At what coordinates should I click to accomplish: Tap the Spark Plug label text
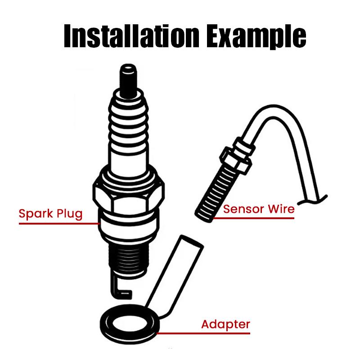50,213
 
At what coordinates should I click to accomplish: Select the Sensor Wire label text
259,209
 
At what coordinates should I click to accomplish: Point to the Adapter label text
225,324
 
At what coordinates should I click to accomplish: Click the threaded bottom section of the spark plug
128,261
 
